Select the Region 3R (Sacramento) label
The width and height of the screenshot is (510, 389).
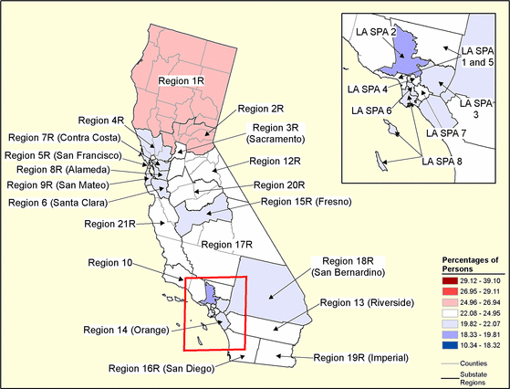pos(281,133)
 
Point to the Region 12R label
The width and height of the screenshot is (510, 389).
pos(275,162)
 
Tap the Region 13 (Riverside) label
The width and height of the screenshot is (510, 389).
pos(366,302)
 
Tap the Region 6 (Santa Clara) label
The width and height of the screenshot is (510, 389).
pos(66,200)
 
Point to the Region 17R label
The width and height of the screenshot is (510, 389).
pos(227,245)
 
